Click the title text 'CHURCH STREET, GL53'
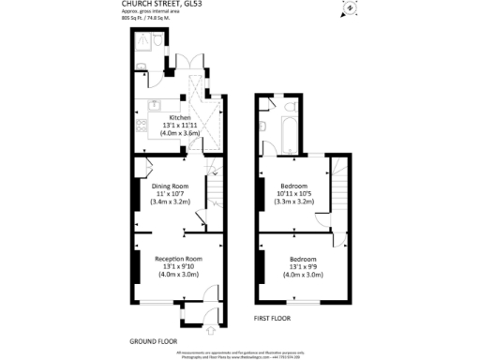(x=157, y=4)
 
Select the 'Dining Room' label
(x=171, y=186)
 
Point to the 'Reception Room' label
(x=178, y=259)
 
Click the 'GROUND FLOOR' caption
(x=154, y=340)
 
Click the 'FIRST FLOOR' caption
(x=273, y=319)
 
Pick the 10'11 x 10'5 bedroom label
(x=292, y=194)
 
